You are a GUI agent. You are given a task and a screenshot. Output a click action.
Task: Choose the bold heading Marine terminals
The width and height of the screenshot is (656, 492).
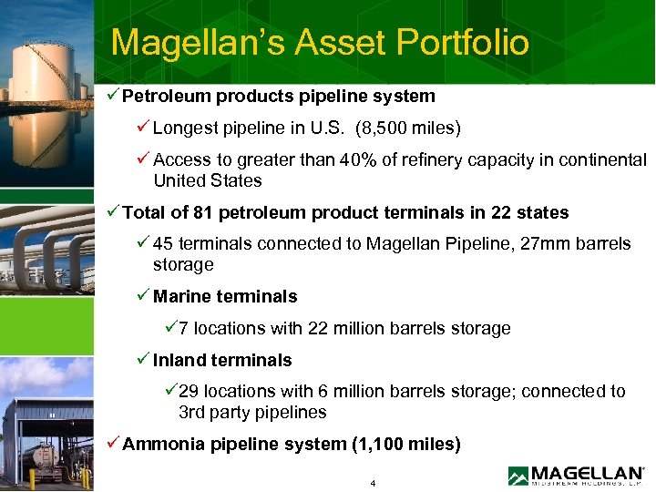[225, 296]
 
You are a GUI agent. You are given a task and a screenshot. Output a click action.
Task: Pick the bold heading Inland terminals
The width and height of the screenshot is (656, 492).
[222, 360]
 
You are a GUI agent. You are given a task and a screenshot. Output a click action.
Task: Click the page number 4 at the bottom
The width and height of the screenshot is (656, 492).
[374, 482]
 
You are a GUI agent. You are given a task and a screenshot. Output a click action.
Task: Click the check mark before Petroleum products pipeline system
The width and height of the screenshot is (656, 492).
[113, 96]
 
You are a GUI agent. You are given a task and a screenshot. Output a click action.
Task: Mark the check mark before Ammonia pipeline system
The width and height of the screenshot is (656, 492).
[113, 444]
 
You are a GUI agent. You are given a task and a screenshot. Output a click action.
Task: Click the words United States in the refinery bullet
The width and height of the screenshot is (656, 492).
[207, 180]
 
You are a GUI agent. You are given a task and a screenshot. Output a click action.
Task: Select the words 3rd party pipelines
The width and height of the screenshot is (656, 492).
[252, 412]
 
